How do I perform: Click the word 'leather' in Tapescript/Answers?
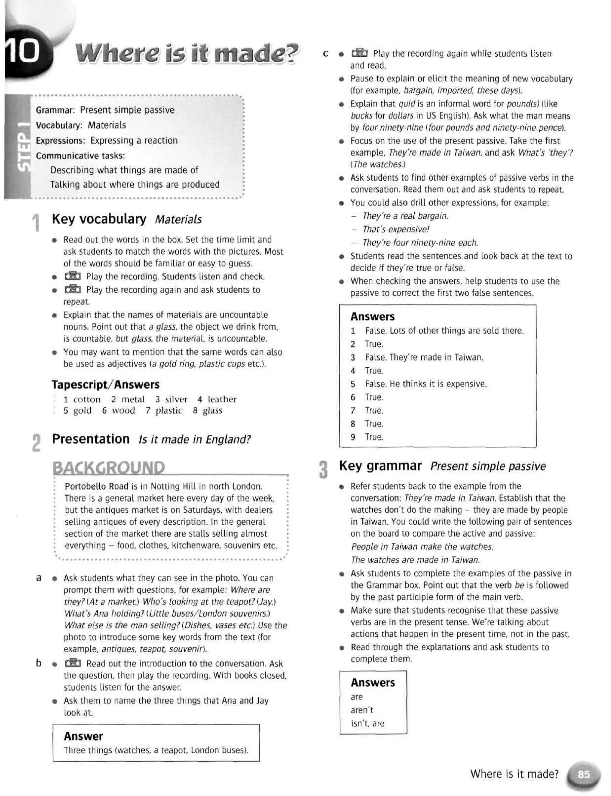[x=222, y=399]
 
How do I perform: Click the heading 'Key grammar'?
[x=380, y=466]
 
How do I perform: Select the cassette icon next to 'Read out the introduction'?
[x=73, y=663]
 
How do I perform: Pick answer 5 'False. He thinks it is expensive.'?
[x=425, y=384]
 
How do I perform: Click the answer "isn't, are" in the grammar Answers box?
[x=367, y=723]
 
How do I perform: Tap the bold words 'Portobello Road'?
[x=96, y=486]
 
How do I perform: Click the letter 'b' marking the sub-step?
[x=38, y=663]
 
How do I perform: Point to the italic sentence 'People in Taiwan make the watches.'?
[x=422, y=547]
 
